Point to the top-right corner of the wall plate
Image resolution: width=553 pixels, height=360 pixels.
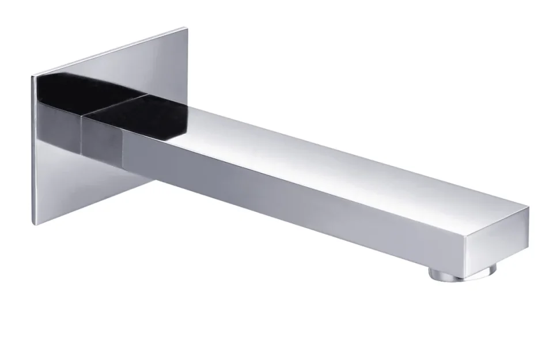(x=187, y=28)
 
